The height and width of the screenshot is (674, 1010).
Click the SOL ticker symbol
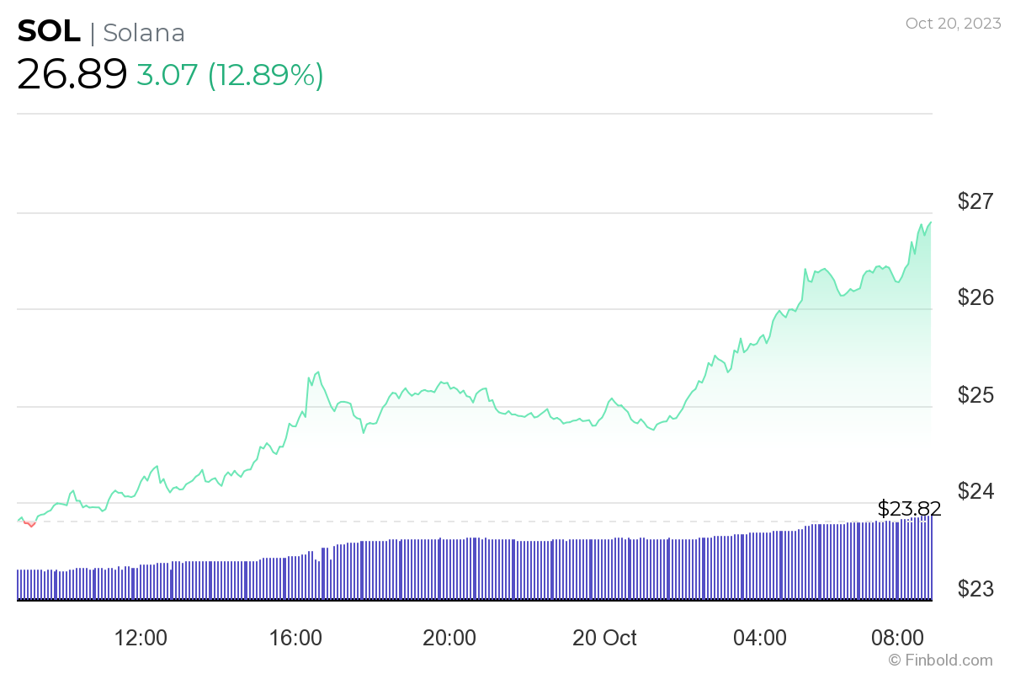click(x=49, y=32)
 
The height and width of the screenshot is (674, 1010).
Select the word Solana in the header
click(x=144, y=33)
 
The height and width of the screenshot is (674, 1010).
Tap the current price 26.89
click(x=72, y=75)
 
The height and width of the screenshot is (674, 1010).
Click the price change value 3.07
click(x=167, y=75)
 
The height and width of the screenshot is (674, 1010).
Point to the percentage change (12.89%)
click(x=266, y=75)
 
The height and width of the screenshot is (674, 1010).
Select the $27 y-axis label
click(x=977, y=201)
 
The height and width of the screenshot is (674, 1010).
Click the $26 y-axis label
click(x=977, y=297)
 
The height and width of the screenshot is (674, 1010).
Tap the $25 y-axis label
click(x=977, y=394)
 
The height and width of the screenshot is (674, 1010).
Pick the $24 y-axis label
click(x=977, y=490)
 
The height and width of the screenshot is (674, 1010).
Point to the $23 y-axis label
click(x=977, y=587)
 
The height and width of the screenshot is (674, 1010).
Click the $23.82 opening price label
click(x=909, y=508)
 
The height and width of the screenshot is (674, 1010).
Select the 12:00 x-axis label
click(x=140, y=638)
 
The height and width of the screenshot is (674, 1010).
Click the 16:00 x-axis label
click(x=295, y=638)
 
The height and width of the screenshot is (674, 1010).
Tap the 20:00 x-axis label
click(x=449, y=638)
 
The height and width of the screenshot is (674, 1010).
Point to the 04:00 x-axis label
click(x=759, y=638)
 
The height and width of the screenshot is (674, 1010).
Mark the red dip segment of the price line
click(x=30, y=524)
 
